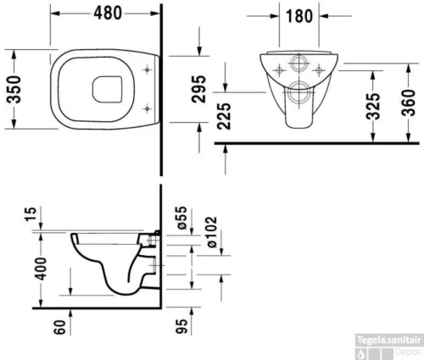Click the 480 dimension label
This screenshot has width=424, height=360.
[108, 13]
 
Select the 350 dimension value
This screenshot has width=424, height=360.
[14, 89]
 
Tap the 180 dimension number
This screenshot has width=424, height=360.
[299, 16]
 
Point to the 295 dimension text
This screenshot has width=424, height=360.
[198, 89]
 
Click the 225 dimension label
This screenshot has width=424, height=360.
[224, 116]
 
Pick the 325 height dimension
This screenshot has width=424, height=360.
[373, 106]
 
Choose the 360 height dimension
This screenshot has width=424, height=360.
[409, 102]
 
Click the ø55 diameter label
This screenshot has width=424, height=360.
[181, 218]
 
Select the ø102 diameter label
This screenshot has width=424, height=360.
[211, 232]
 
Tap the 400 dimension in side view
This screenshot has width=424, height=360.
[41, 269]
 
